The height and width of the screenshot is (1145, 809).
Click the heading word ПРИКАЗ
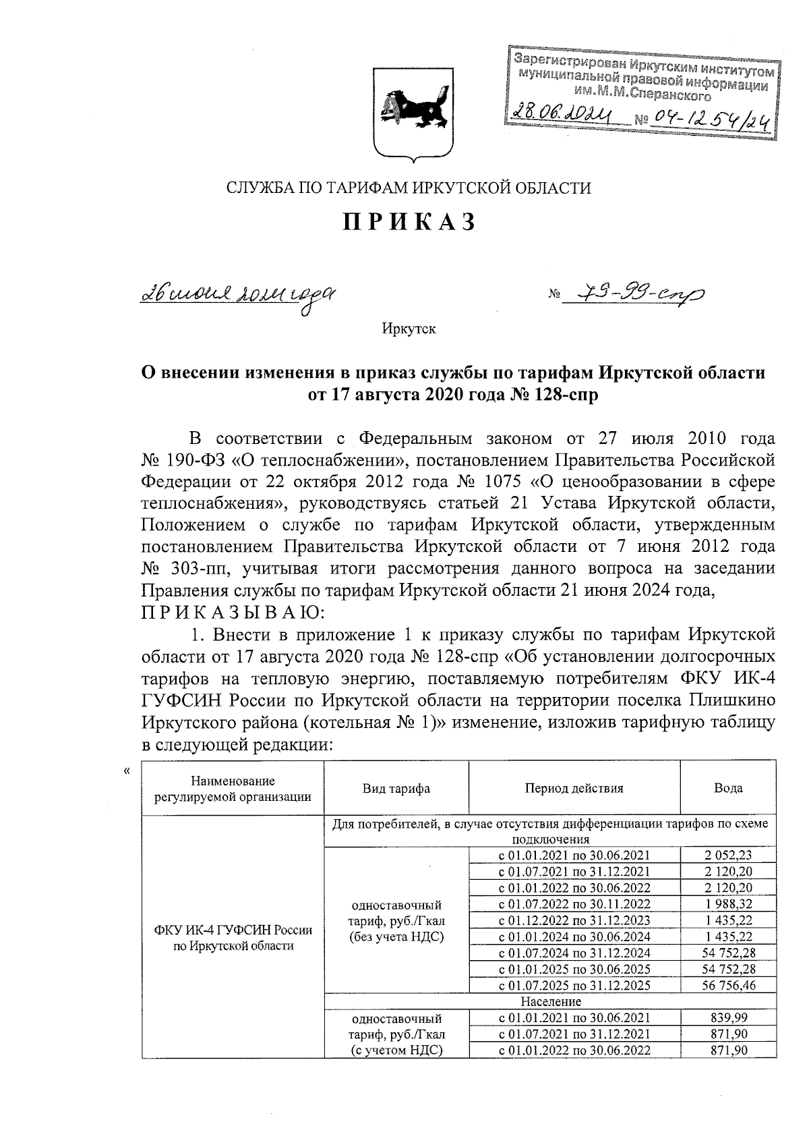pyautogui.click(x=409, y=222)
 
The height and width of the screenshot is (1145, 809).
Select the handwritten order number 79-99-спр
pyautogui.click(x=631, y=294)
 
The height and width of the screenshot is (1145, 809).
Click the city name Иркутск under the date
pyautogui.click(x=409, y=329)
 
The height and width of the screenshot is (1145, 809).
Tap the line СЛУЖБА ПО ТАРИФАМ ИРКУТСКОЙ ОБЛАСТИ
pyautogui.click(x=409, y=188)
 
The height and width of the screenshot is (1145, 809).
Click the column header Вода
pyautogui.click(x=728, y=787)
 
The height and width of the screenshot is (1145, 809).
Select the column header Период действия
pyautogui.click(x=574, y=787)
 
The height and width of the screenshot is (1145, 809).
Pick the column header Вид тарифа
pyautogui.click(x=396, y=788)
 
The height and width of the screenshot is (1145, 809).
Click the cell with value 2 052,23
pyautogui.click(x=728, y=855)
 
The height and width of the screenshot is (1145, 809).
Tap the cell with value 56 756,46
pyautogui.click(x=728, y=985)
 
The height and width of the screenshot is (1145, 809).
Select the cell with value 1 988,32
pyautogui.click(x=728, y=903)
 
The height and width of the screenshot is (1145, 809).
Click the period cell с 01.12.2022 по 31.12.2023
pyautogui.click(x=574, y=920)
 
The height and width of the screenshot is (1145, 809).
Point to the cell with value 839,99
pyautogui.click(x=728, y=1017)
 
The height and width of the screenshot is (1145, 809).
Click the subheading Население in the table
pyautogui.click(x=551, y=1001)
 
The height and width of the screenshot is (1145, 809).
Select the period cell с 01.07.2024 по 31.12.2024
pyautogui.click(x=574, y=953)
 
